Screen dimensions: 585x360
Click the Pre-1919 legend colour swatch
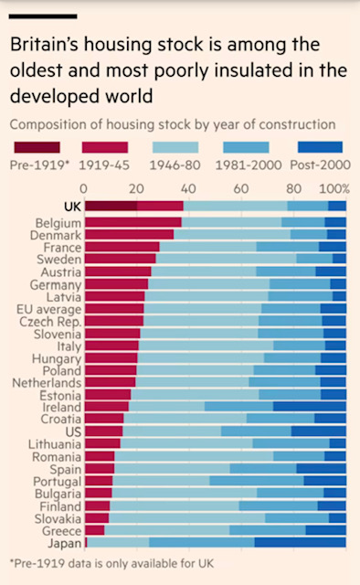[37, 147]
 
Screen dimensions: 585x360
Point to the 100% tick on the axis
[333, 188]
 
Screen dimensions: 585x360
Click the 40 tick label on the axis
[188, 188]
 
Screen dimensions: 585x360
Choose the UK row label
[70, 207]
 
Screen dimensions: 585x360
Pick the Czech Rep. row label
[51, 321]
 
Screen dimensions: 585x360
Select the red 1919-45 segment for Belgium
[132, 222]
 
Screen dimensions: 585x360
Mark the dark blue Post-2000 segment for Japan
[300, 543]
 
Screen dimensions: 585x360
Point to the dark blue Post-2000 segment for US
[318, 431]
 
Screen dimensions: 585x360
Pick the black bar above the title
[43, 16]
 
